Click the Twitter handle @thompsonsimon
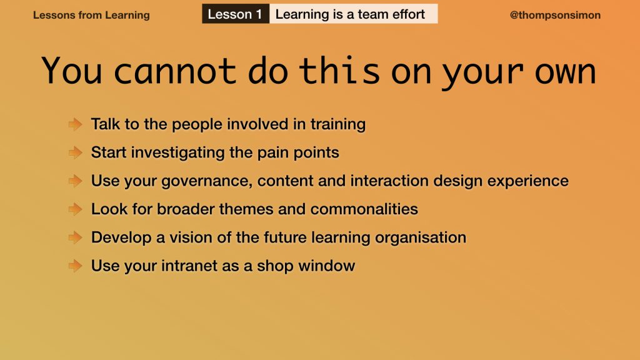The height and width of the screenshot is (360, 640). [x=555, y=15]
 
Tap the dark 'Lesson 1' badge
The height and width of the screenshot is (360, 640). [x=236, y=14]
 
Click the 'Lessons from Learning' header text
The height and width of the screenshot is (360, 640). [x=91, y=15]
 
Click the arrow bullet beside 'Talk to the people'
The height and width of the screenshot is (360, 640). [x=76, y=124]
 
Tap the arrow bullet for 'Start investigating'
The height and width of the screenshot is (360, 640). [x=76, y=152]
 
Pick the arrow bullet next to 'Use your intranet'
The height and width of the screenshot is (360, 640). [x=76, y=266]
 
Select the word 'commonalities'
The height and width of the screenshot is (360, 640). [x=364, y=209]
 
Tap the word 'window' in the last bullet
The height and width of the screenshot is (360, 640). [x=326, y=266]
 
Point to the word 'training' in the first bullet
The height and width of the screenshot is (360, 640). [x=338, y=124]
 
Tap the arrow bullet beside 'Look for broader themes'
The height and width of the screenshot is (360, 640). [x=76, y=209]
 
